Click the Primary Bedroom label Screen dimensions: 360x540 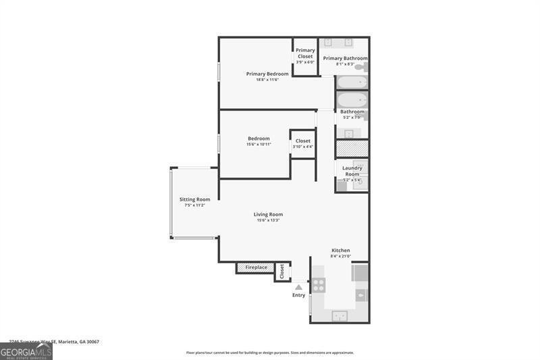[267, 74]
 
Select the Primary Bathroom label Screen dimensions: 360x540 [345, 58]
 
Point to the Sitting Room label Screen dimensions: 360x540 [194, 199]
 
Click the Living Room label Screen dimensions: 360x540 [268, 214]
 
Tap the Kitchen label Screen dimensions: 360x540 [340, 250]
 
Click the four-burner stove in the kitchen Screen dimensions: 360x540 [318, 285]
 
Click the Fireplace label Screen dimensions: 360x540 [256, 267]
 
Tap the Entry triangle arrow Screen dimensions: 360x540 [298, 287]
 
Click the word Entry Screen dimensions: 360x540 [298, 295]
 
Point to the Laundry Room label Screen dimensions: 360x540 [352, 171]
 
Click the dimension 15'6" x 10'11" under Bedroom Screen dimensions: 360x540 [259, 145]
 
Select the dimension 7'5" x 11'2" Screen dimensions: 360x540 [194, 205]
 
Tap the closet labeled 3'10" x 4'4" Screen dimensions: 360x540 [303, 143]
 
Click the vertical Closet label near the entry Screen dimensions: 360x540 [282, 271]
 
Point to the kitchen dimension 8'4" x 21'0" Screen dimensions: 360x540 [340, 256]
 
